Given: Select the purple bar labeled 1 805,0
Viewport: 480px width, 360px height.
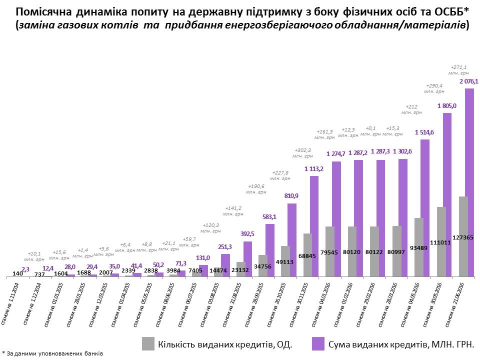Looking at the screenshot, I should pyautogui.click(x=447, y=195).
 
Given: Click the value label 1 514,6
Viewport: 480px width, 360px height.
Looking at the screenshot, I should pyautogui.click(x=425, y=132).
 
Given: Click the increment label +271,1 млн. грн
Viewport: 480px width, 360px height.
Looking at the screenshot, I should pyautogui.click(x=458, y=70).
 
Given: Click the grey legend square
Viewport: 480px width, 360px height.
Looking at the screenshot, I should pyautogui.click(x=148, y=343).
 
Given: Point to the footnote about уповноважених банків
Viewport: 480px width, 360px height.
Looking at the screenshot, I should pyautogui.click(x=52, y=353).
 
